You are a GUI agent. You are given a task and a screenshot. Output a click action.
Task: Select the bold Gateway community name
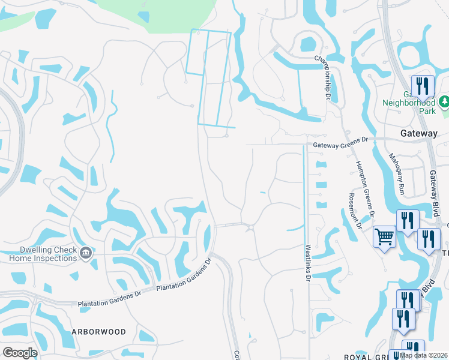click(418, 133)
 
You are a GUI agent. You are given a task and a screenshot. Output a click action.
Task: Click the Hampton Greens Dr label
click(364, 188)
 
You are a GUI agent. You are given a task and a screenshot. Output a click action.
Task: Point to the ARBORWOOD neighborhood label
click(98, 332)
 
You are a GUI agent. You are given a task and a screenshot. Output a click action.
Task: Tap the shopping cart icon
click(384, 236)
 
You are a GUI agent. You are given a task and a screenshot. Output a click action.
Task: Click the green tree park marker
click(444, 101)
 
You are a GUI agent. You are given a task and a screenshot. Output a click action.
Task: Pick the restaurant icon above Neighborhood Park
click(423, 86)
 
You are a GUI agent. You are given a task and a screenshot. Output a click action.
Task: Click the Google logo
click(19, 352)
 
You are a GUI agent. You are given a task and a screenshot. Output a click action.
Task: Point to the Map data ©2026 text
click(424, 355)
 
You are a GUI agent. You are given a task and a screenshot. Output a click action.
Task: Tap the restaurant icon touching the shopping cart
click(407, 221)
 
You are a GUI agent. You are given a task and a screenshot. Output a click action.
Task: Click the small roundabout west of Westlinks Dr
click(249, 227)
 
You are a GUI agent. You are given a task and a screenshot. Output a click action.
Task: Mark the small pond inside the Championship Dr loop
click(307, 44)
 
